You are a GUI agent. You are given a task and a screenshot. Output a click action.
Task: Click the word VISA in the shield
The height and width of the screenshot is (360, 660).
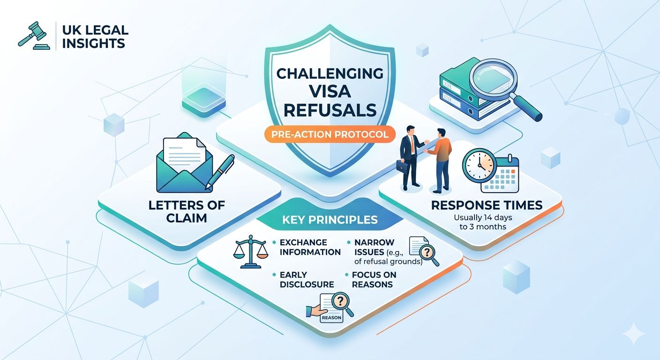pyautogui.click(x=330, y=91)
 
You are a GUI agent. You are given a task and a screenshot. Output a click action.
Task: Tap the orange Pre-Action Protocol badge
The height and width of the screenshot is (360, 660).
pyautogui.click(x=330, y=135)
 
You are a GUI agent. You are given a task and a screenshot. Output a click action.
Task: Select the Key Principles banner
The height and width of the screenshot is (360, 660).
pyautogui.click(x=330, y=220)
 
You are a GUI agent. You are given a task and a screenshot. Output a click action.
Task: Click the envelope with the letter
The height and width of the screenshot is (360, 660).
pyautogui.click(x=185, y=163)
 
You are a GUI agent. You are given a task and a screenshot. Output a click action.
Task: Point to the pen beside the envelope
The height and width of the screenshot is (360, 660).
pyautogui.click(x=220, y=172)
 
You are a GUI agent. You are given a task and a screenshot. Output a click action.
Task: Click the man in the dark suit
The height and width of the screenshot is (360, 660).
pyautogui.click(x=410, y=158)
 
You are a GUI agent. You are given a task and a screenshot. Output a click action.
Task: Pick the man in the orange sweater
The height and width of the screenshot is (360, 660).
pyautogui.click(x=440, y=161)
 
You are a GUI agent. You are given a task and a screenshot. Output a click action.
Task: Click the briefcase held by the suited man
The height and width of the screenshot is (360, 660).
pyautogui.click(x=402, y=167)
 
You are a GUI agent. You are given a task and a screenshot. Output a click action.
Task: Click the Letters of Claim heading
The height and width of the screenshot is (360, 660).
pyautogui.click(x=187, y=211)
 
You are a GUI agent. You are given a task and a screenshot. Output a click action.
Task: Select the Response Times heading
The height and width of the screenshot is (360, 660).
pyautogui.click(x=487, y=205)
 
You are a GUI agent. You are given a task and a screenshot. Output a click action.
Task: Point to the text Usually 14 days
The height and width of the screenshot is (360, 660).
pyautogui.click(x=483, y=217)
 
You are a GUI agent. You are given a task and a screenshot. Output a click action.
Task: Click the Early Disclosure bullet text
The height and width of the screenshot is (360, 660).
pyautogui.click(x=307, y=279)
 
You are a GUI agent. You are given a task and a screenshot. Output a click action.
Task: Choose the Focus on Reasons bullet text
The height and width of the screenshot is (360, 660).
pyautogui.click(x=374, y=279)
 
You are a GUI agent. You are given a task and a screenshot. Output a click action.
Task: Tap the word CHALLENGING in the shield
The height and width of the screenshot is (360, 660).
pyautogui.click(x=330, y=74)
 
